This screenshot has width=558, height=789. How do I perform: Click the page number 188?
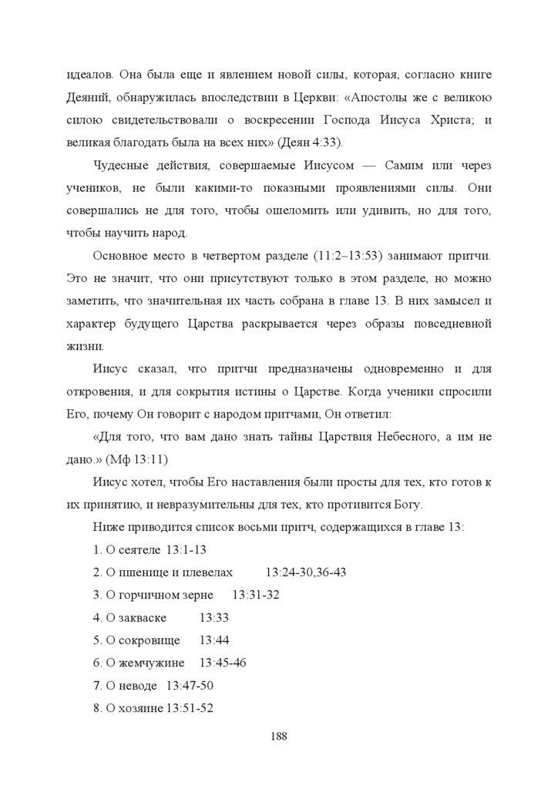[279, 736]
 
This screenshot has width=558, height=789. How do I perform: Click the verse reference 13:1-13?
[187, 550]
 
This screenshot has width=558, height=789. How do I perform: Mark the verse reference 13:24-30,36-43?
[306, 572]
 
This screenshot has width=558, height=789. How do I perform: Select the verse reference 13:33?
[213, 618]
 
